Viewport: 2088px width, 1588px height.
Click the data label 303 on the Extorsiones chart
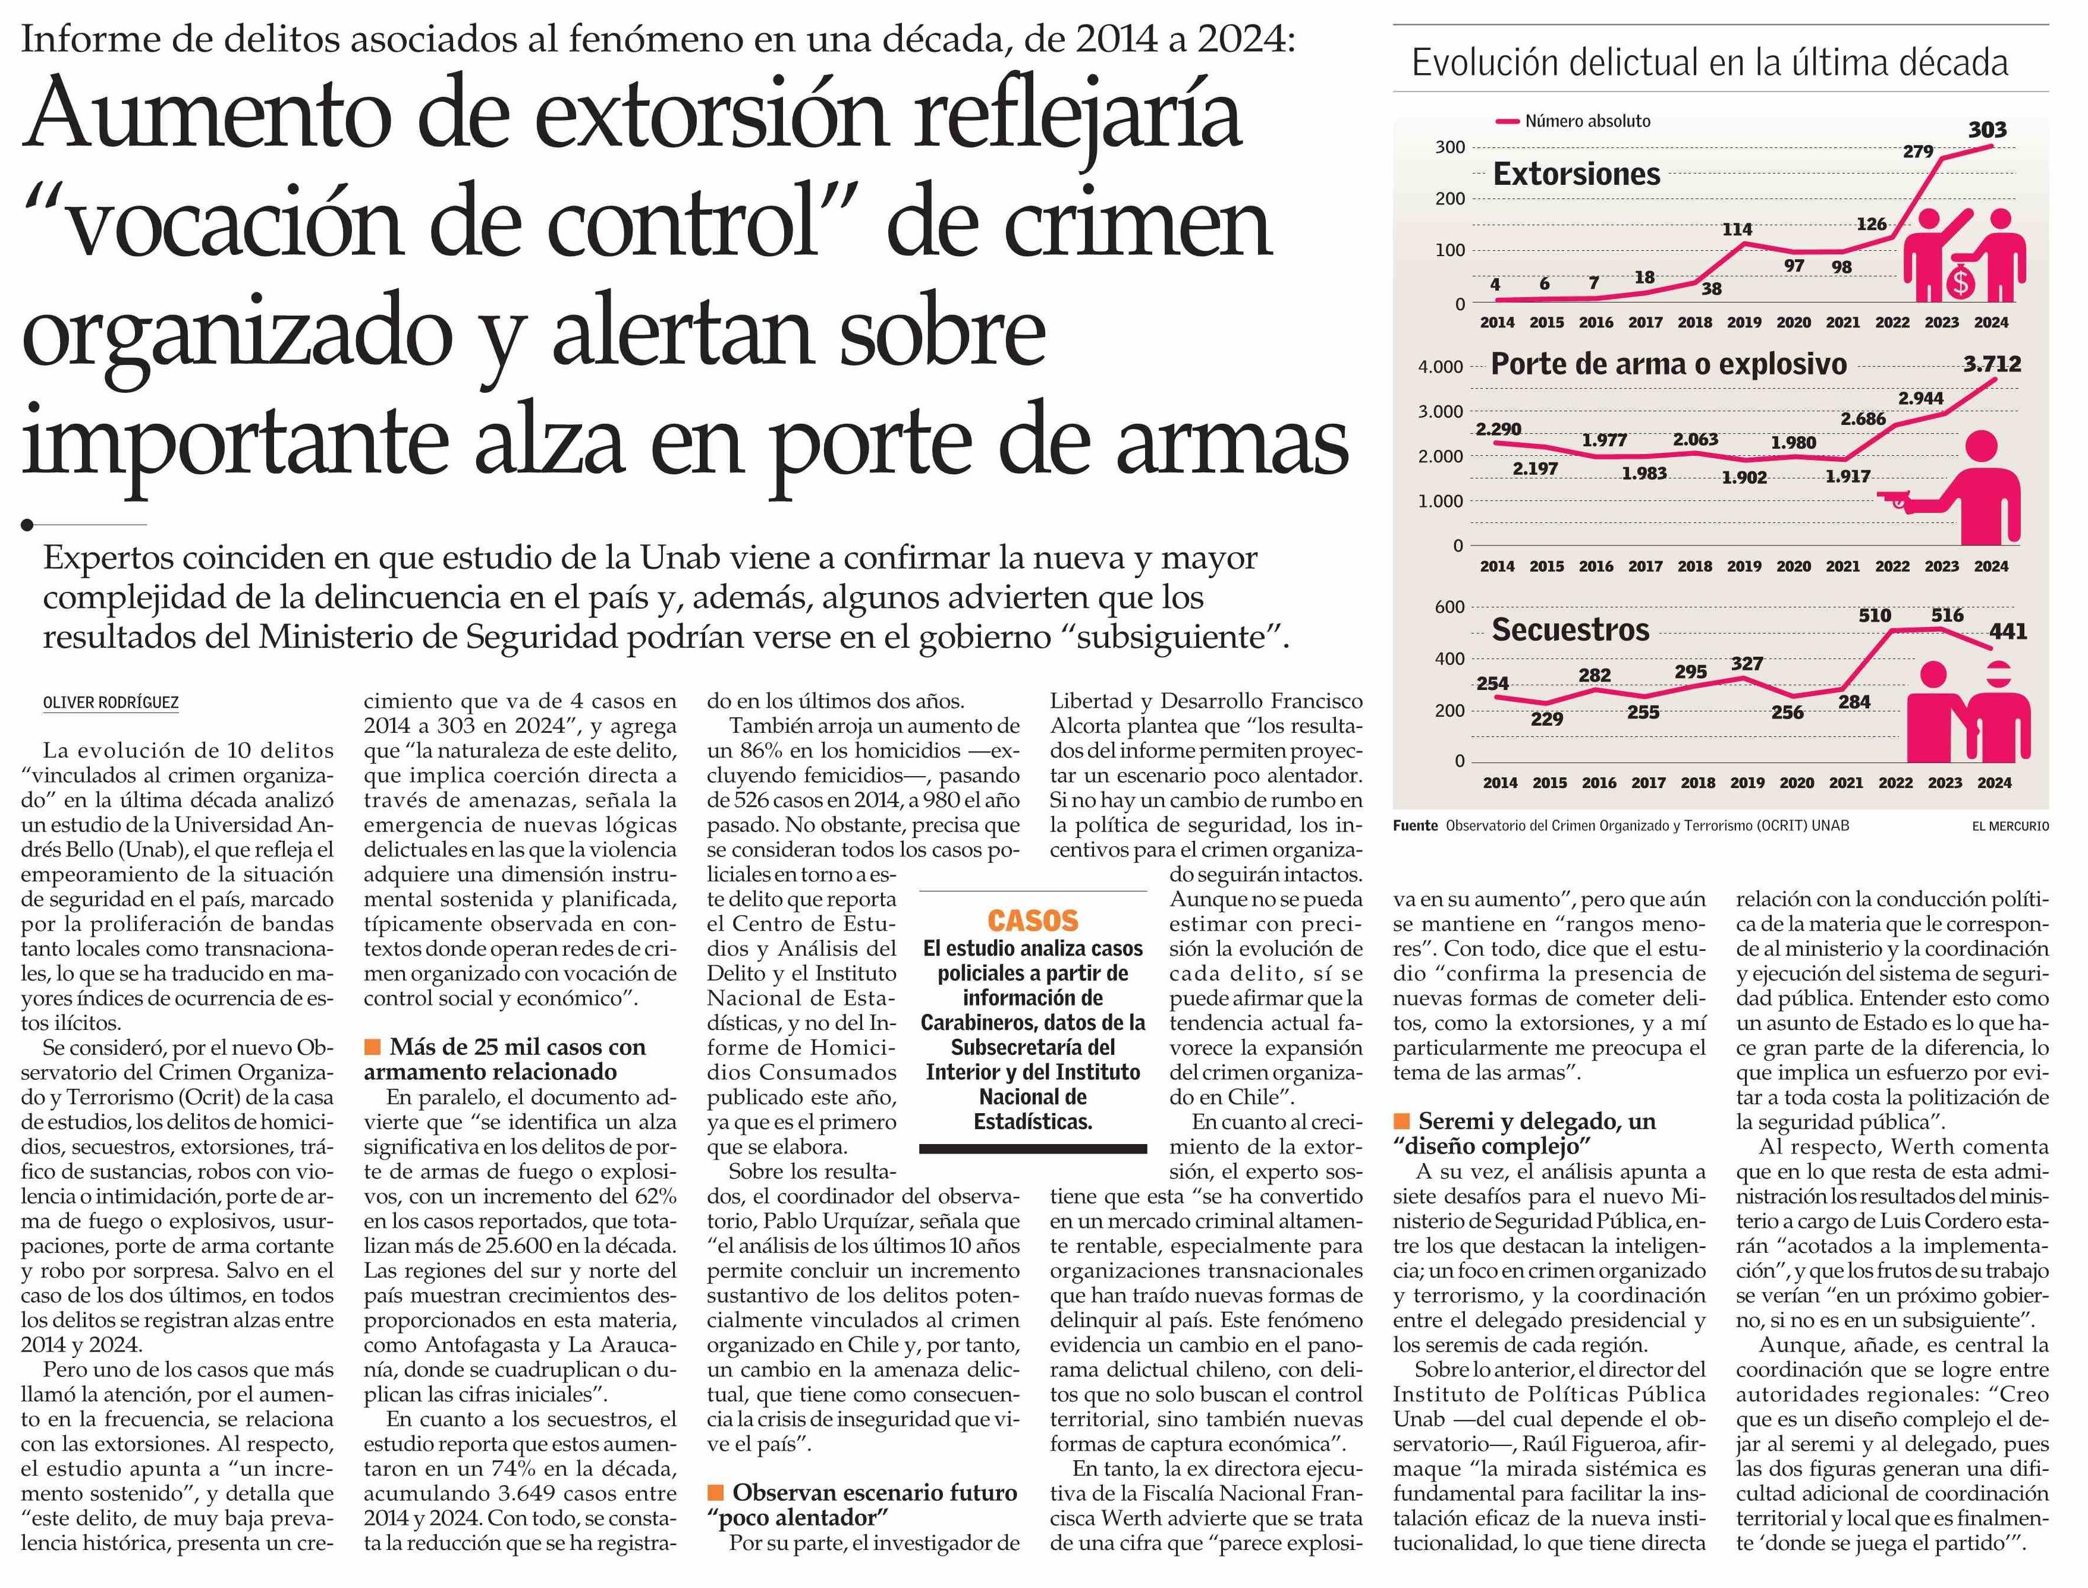pyautogui.click(x=1987, y=130)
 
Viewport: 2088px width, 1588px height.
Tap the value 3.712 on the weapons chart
pyautogui.click(x=1992, y=364)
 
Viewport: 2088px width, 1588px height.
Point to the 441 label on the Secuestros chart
pyautogui.click(x=2008, y=631)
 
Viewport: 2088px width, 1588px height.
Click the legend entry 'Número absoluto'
pyautogui.click(x=1588, y=121)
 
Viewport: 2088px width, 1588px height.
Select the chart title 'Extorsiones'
pyautogui.click(x=1576, y=174)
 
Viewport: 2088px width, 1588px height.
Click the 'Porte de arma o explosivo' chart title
pyautogui.click(x=1668, y=365)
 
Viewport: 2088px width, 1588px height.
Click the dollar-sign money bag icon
pyautogui.click(x=1960, y=281)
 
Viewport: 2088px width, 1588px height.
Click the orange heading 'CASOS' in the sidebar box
pyautogui.click(x=1033, y=920)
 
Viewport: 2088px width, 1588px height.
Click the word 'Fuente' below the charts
pyautogui.click(x=1415, y=825)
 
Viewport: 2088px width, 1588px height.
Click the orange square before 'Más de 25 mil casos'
pyautogui.click(x=373, y=1047)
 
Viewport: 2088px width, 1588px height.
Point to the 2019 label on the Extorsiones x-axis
pyautogui.click(x=1744, y=322)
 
